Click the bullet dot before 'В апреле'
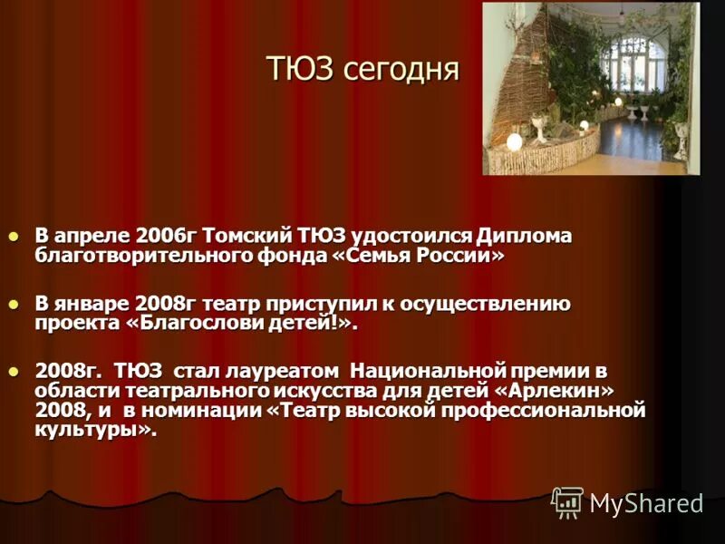[13, 237]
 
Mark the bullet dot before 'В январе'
[13, 305]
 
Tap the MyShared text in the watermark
[645, 504]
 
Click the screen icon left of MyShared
[567, 502]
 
